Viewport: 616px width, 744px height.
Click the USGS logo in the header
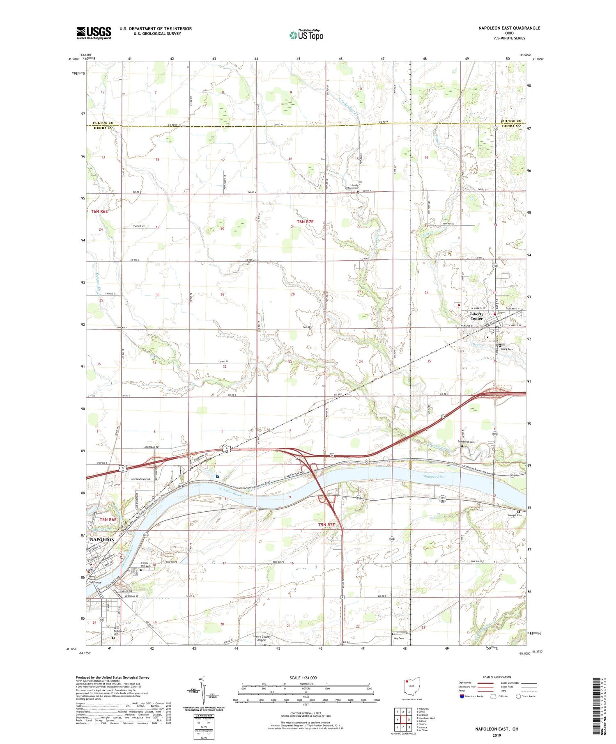[94, 33]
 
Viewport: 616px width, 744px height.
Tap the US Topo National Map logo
[306, 35]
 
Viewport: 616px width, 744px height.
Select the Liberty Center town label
[476, 316]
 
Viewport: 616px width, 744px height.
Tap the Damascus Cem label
[466, 442]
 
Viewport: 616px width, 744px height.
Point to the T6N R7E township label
[305, 222]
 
